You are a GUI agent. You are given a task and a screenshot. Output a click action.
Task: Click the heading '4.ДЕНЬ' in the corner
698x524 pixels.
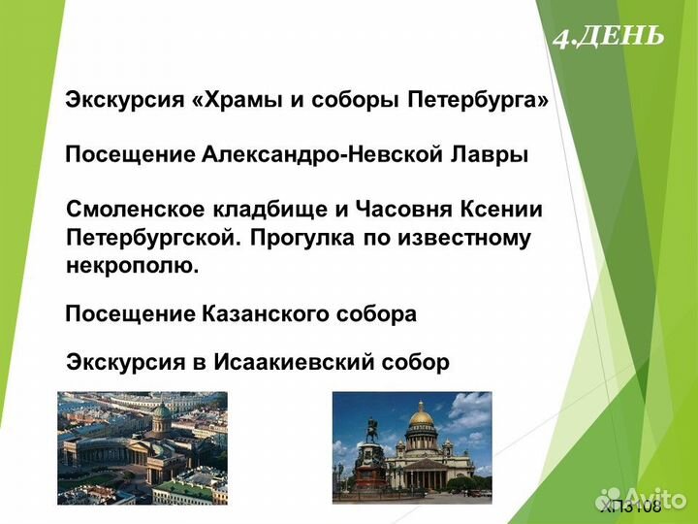click(609, 37)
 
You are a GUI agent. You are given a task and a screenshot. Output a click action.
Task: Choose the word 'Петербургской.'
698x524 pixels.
click(153, 238)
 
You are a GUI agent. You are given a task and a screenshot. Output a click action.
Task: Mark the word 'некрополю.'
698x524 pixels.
click(132, 265)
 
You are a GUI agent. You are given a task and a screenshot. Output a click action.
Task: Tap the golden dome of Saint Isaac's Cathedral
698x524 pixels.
click(421, 417)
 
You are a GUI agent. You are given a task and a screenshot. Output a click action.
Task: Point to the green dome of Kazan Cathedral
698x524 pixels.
click(162, 411)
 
